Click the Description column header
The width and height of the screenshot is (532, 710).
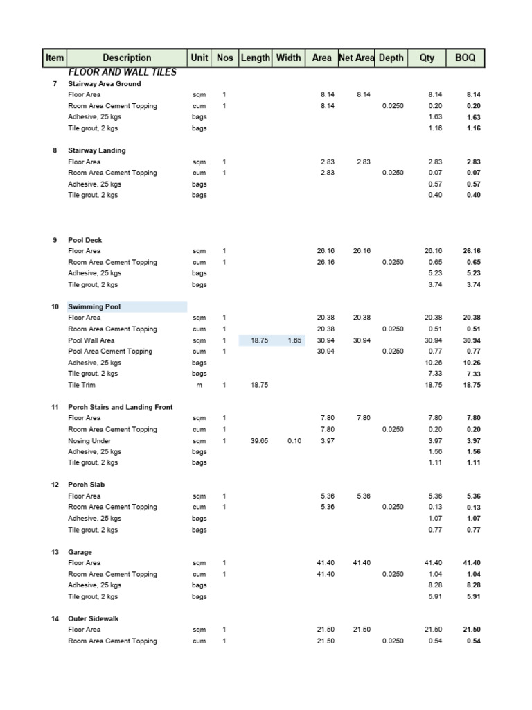coord(127,58)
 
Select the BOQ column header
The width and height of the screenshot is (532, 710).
coord(465,58)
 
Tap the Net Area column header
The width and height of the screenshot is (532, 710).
coord(356,58)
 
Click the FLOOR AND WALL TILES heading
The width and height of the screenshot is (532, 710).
coord(122,72)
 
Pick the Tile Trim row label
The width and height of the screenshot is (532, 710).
coord(82,385)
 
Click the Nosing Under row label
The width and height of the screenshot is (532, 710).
coord(89,440)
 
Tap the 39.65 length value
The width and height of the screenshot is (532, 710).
coord(258,440)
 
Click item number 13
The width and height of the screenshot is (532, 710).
coord(55,552)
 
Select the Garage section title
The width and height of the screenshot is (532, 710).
coord(80,552)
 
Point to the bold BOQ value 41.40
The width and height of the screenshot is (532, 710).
coord(471,563)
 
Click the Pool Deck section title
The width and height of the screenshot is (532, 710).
coord(85,240)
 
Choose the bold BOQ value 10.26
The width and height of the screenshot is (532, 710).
coord(471,363)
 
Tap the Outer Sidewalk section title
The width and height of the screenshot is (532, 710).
coord(94,618)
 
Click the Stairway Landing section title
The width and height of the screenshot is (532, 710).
coord(97,150)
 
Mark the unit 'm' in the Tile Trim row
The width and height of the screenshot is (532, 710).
coord(199,385)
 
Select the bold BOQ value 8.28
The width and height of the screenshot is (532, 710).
coord(472,585)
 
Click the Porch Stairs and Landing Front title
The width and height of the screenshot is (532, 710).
coord(121,407)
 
